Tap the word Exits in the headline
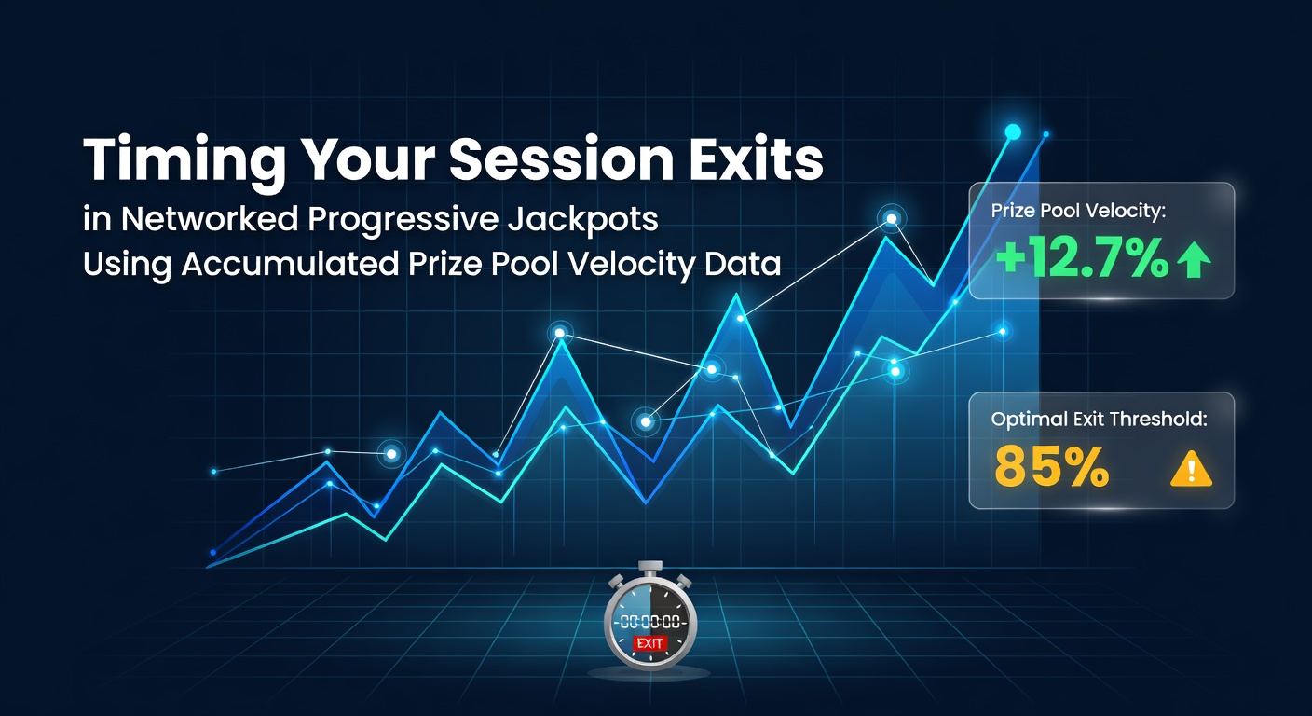[x=756, y=158]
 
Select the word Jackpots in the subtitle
[x=582, y=221]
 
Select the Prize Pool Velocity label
[x=1078, y=211]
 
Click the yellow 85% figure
[x=1052, y=466]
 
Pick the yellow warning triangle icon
[x=1191, y=469]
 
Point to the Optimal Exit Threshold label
[x=1100, y=420]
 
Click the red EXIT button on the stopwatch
[x=650, y=644]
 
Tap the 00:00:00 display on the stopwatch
[x=650, y=622]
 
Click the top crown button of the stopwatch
[x=650, y=567]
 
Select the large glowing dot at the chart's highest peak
[x=1013, y=131]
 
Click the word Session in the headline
[x=561, y=158]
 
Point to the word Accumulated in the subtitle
[x=290, y=264]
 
